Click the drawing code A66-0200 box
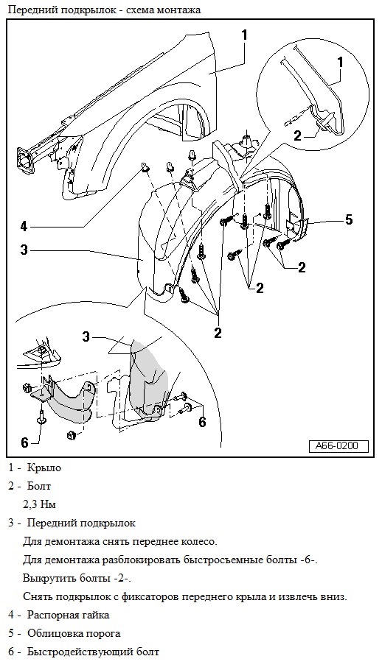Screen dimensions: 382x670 pos(338,446)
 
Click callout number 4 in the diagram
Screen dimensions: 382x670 pos(24,226)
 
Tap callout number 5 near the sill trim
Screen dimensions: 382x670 pos(349,220)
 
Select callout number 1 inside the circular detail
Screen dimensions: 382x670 pos(341,63)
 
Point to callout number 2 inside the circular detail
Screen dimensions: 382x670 pos(298,136)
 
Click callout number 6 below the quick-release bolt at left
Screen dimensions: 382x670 pos(25,443)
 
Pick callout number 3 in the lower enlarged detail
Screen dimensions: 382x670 pos(86,337)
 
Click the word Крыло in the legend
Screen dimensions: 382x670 pos(44,468)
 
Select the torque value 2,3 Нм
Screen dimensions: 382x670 pos(39,504)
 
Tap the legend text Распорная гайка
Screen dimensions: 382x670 pos(69,616)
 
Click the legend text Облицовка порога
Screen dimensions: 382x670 pos(74,634)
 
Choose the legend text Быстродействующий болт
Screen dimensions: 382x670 pos(93,652)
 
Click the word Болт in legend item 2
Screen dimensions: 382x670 pos(39,486)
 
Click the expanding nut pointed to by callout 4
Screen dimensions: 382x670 pos(145,169)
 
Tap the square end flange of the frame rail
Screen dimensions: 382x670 pos(25,161)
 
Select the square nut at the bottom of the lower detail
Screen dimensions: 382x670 pos(72,436)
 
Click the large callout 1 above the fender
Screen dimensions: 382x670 pos(244,35)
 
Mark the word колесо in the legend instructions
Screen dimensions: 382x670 pos(201,542)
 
